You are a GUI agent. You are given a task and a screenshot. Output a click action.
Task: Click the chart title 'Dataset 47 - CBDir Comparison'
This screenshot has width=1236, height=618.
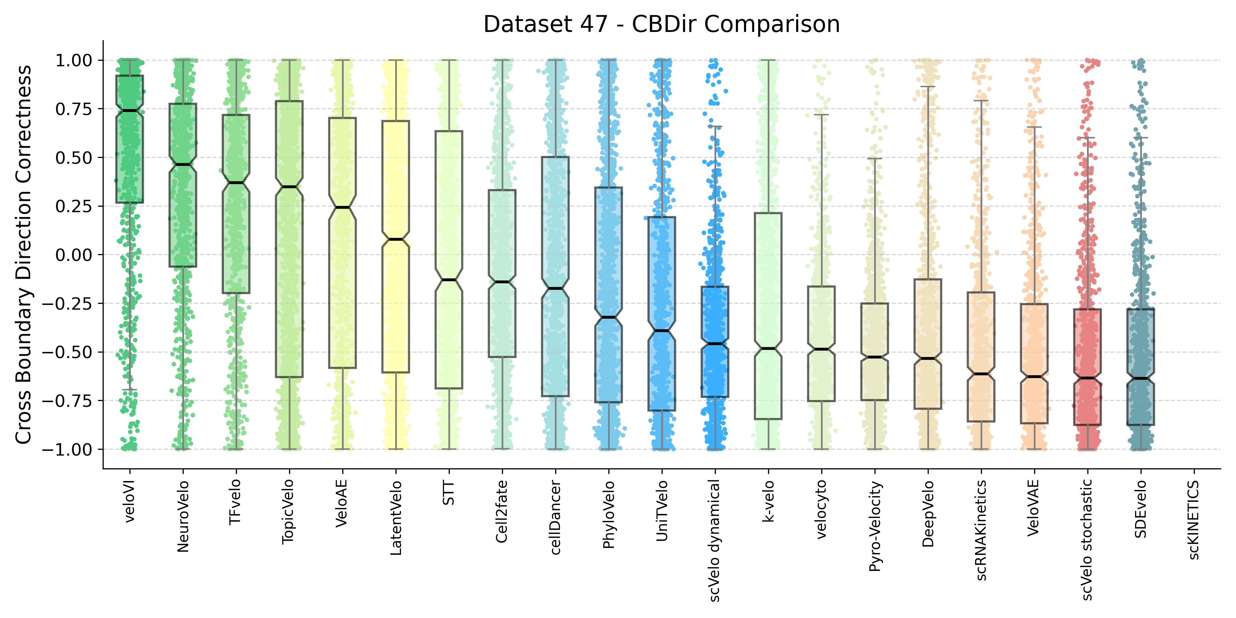point(661,24)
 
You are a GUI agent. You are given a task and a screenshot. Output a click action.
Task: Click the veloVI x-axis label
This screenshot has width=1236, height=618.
point(129,501)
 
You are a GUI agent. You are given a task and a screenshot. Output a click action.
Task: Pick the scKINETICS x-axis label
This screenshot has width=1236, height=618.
point(1194,520)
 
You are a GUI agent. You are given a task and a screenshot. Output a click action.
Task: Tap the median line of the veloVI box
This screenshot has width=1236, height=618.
point(129,111)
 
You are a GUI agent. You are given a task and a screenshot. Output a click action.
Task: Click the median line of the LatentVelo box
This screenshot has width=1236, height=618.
point(396,239)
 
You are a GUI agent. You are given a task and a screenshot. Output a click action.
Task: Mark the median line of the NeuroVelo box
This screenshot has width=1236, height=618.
point(183,164)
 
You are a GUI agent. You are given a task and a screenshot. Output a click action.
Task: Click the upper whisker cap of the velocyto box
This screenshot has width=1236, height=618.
point(822,115)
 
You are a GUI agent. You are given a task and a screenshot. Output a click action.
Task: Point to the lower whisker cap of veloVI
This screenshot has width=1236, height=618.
point(129,390)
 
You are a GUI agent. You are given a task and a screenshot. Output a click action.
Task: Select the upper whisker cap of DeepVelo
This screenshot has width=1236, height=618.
point(928,87)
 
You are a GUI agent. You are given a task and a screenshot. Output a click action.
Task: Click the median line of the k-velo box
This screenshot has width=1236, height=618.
point(768,348)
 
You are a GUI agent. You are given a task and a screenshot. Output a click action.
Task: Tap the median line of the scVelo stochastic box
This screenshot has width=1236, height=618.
point(1087,378)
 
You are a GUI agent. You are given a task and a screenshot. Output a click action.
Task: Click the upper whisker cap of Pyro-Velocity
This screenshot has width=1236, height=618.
point(875,158)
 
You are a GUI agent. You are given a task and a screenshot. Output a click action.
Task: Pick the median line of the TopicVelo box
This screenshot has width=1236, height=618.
point(289,187)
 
